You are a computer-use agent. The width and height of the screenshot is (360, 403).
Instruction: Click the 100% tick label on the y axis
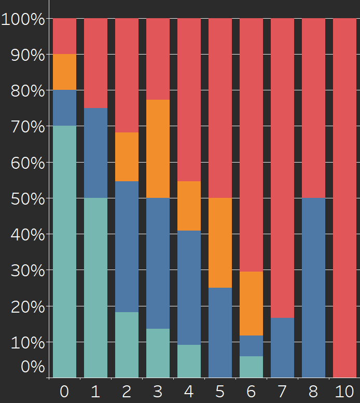pos(23,20)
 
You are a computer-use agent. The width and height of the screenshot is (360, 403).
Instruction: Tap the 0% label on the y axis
pos(32,366)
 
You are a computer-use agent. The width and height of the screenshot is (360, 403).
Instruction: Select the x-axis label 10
pos(344,391)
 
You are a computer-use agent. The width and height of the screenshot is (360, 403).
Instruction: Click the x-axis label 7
pos(282,391)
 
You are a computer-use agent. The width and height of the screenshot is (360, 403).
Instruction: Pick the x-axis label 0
pos(64,391)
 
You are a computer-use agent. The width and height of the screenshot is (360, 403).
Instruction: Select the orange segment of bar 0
pos(64,72)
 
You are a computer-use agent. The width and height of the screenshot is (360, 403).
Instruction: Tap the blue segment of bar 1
pos(95,153)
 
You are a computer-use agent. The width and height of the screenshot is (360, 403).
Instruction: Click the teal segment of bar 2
pos(127,344)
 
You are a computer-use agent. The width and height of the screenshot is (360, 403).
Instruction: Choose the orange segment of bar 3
pos(158,149)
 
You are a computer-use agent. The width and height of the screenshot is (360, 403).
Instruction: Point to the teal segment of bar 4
pos(189,361)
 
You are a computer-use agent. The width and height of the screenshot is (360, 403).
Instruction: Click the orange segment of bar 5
pos(220,243)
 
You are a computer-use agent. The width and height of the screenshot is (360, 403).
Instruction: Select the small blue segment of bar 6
pos(251,345)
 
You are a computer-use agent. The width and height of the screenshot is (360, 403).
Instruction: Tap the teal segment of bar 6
pos(251,367)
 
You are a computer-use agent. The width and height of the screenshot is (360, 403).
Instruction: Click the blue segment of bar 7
pos(282,347)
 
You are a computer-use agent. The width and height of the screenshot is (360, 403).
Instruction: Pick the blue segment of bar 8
pos(313,287)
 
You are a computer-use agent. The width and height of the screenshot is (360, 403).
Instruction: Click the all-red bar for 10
pos(344,197)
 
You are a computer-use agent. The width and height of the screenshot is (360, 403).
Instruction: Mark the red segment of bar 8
pos(313,108)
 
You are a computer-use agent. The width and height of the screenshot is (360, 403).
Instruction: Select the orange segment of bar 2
pos(127,157)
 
